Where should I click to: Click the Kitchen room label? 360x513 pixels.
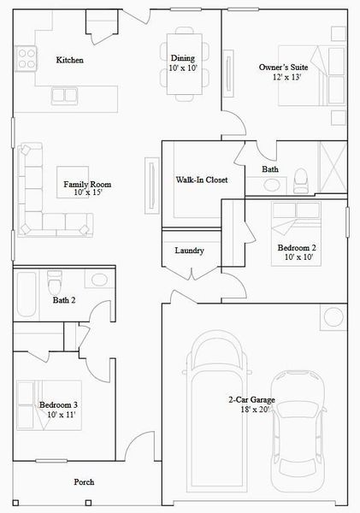[69, 60]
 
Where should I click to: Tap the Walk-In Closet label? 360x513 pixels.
[201, 180]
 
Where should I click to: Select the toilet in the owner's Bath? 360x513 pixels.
[300, 179]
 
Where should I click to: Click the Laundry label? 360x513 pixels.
[188, 251]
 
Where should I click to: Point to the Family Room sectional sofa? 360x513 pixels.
[38, 201]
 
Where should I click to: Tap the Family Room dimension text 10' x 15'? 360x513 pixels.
[87, 193]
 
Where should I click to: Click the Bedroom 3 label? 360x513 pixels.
[59, 404]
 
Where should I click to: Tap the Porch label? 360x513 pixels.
[84, 482]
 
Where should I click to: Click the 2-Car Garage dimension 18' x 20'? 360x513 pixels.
[250, 410]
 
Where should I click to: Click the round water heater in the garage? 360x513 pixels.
[333, 317]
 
